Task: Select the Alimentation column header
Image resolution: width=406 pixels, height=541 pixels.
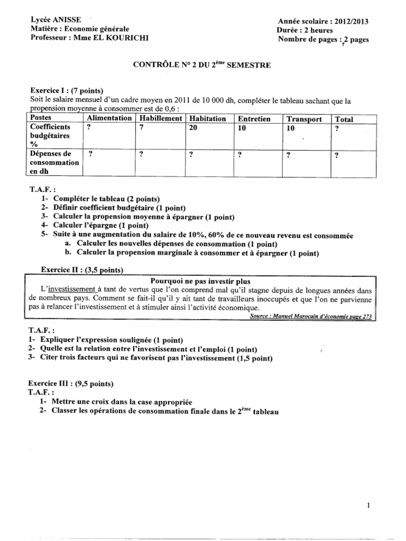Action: [x=109, y=118]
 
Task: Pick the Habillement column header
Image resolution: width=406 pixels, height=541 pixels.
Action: [x=160, y=118]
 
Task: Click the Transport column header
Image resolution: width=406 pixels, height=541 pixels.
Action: [x=304, y=119]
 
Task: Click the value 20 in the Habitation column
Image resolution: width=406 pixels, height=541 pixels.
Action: [x=192, y=128]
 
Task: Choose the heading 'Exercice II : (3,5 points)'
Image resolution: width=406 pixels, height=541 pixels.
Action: [x=82, y=270]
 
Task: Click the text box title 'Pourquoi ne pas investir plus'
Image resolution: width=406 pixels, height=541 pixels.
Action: [x=201, y=281]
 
